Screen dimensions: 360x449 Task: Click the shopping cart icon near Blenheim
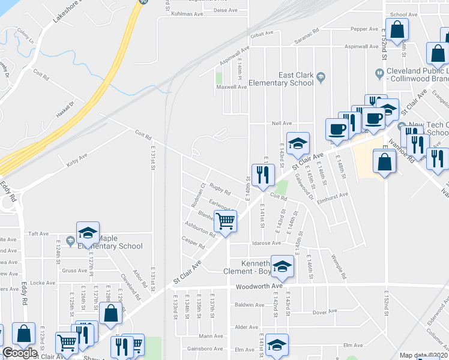click(x=225, y=221)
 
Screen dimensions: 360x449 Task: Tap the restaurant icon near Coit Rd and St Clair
click(x=263, y=174)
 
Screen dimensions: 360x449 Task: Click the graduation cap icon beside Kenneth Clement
click(x=282, y=266)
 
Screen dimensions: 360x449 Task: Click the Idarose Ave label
click(x=267, y=243)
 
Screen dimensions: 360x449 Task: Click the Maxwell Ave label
click(x=232, y=87)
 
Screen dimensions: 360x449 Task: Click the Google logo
click(x=19, y=353)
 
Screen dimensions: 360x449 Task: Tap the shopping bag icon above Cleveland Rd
click(x=110, y=313)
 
